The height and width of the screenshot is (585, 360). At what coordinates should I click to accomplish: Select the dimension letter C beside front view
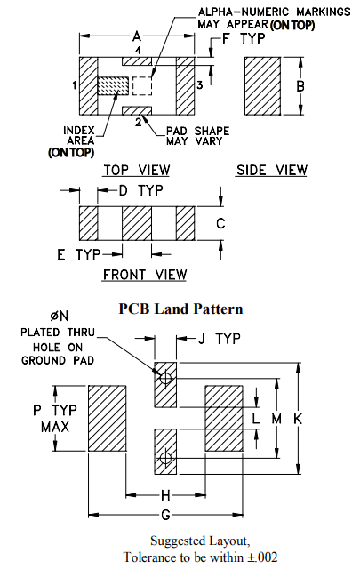click(220, 223)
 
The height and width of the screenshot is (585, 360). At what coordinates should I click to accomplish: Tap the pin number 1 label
click(75, 85)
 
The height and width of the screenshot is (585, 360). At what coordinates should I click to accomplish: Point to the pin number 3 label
click(200, 85)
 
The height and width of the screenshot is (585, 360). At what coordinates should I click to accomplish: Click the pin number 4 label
click(138, 52)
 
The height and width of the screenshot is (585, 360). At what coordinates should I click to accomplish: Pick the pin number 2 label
click(138, 121)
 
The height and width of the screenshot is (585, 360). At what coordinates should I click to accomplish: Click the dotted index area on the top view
click(113, 86)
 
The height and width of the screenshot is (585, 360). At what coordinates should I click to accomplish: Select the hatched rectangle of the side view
click(262, 85)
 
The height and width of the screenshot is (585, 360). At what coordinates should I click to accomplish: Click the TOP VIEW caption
click(136, 170)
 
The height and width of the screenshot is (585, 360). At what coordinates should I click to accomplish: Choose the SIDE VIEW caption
click(272, 170)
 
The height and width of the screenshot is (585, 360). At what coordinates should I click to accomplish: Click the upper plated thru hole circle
click(165, 379)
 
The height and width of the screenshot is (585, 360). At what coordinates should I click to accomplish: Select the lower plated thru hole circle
click(165, 459)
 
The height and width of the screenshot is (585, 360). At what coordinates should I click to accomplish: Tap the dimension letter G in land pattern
click(165, 516)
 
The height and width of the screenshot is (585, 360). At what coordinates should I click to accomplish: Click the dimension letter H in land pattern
click(165, 494)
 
